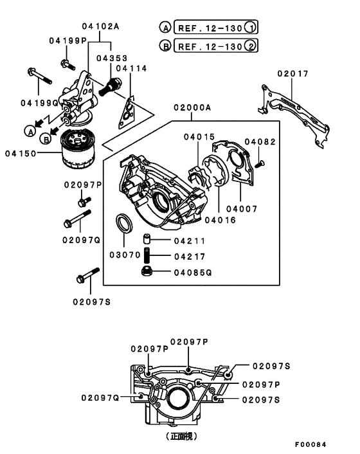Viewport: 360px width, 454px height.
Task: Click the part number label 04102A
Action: (100, 26)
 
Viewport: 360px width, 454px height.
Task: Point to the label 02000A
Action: (191, 108)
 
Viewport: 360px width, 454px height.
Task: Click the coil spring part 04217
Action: (147, 256)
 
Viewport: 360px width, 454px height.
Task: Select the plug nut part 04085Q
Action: (147, 272)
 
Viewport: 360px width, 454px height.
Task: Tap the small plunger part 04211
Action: (147, 241)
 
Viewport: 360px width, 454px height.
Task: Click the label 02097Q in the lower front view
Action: (100, 398)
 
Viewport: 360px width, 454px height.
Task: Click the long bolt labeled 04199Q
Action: (40, 78)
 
